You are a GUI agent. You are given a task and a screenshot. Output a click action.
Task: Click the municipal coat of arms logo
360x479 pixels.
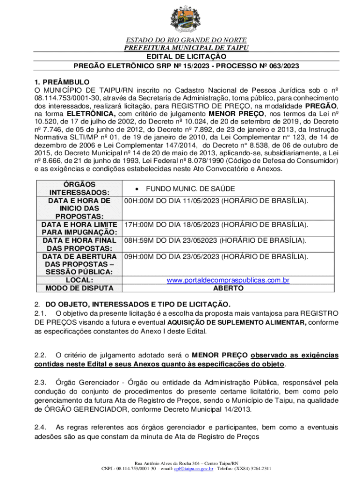click(x=180, y=19)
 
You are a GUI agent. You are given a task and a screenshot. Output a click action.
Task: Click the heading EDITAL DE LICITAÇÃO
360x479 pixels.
click(x=180, y=56)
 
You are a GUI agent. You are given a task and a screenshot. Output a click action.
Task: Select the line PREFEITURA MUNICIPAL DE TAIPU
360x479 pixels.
click(x=180, y=48)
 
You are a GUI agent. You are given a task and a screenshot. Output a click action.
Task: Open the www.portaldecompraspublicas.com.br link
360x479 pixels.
click(x=228, y=280)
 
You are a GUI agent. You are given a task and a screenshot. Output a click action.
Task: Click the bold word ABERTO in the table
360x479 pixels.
click(x=228, y=288)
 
